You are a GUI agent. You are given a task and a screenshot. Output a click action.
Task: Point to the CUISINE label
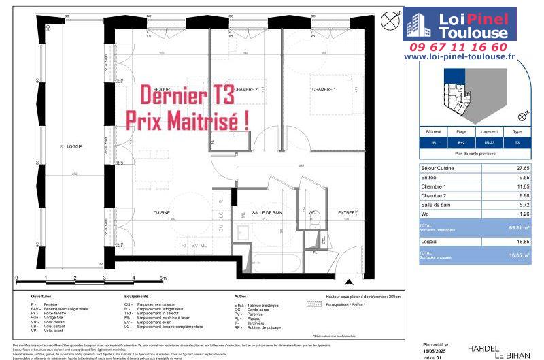point(161,213)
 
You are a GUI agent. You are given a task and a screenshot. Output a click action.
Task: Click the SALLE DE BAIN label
point(267,213)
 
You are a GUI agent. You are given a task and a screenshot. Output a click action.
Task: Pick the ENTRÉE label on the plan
point(347,213)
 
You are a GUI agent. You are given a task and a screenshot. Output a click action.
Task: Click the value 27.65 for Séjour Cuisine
point(521,167)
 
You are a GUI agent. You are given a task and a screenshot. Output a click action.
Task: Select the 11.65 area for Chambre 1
point(521,186)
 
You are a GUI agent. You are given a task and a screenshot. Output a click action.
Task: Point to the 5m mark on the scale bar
point(163,278)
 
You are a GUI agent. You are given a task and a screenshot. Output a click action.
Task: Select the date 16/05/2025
point(437,350)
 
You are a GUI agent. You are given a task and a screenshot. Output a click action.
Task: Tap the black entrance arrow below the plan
point(349,282)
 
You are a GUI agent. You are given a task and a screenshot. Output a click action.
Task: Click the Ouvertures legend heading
point(41,297)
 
